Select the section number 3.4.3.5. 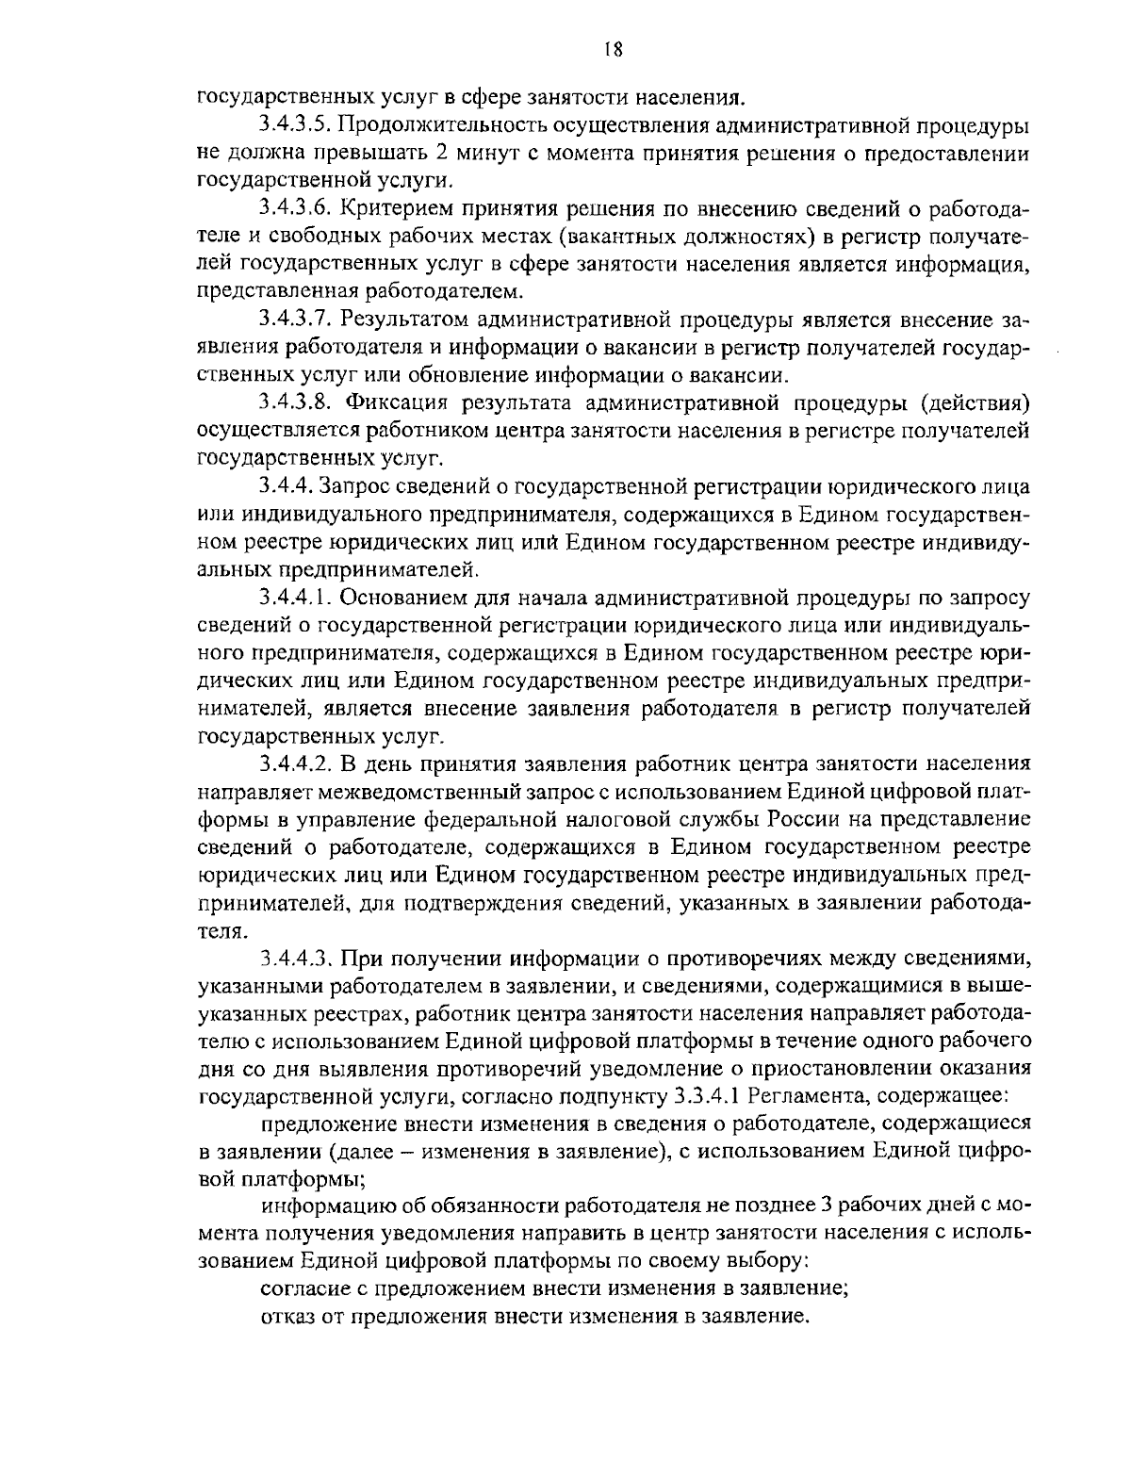tap(294, 125)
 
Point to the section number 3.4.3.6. tap(294, 207)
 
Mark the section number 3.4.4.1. tap(294, 598)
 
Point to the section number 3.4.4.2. tap(294, 763)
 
